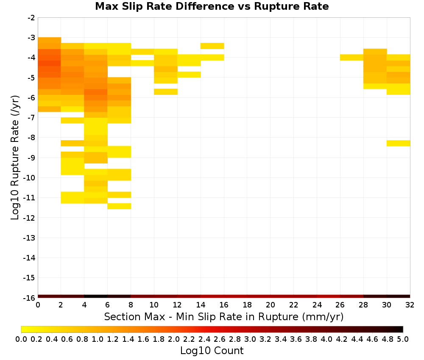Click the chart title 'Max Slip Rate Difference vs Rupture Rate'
coord(212,6)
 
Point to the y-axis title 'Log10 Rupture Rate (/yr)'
coord(15,158)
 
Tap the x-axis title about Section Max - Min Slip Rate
coord(223,317)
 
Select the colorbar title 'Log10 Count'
coord(212,351)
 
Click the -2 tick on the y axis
coord(31,18)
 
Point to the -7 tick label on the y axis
coord(31,117)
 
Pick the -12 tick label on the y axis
coord(30,217)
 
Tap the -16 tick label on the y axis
coord(30,298)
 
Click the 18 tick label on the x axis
coord(247,305)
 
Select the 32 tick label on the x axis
coord(410,305)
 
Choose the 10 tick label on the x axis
coord(154,305)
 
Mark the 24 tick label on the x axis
coord(317,305)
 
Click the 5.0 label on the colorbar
coord(403,339)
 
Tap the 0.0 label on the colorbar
coord(21,339)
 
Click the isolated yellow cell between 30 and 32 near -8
coord(398,143)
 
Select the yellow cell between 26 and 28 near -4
coord(352,57)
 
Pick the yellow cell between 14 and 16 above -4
coord(212,46)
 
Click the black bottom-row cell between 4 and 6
coord(96,296)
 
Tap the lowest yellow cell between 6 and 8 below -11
coord(119,206)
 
